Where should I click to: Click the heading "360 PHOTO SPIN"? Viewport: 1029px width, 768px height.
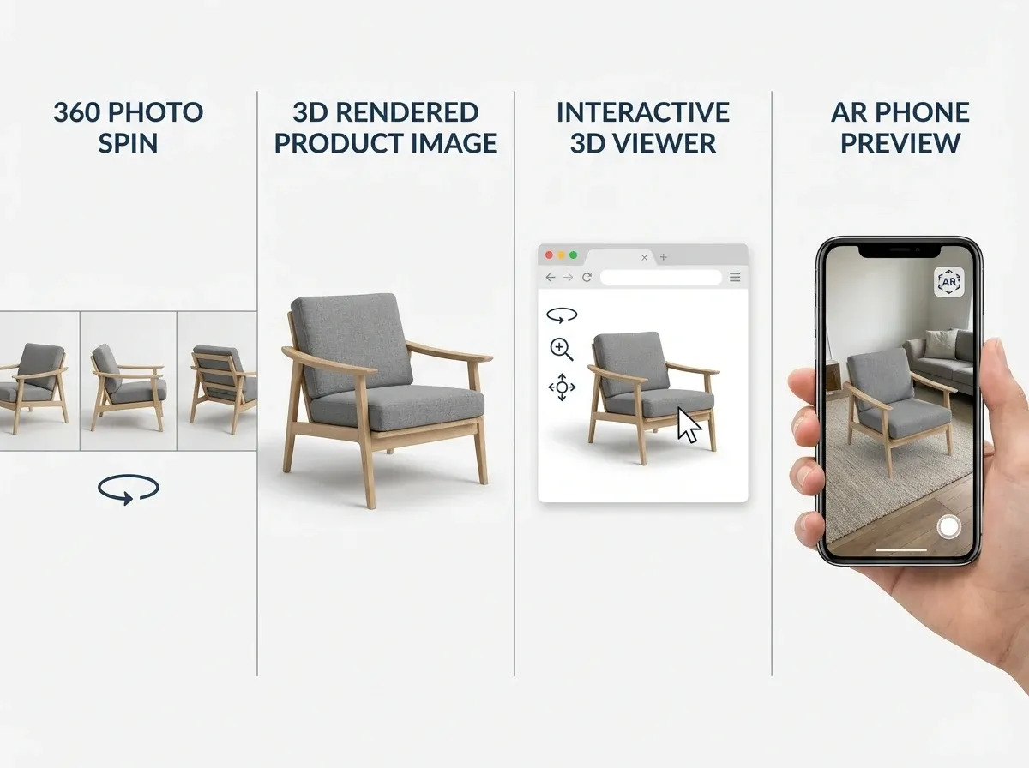(x=128, y=127)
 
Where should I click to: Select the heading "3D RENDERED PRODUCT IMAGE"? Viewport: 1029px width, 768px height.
(x=385, y=127)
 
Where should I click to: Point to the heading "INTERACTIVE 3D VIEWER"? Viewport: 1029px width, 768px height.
(x=642, y=127)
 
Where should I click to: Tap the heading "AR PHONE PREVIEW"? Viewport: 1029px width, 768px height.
(x=900, y=127)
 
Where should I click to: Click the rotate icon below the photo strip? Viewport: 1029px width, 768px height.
(x=129, y=489)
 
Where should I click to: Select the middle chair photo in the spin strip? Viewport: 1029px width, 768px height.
(x=129, y=380)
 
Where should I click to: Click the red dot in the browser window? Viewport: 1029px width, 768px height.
(x=549, y=255)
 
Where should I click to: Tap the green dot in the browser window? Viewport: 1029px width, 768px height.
(x=574, y=255)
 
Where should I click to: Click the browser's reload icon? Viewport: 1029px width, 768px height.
(x=587, y=278)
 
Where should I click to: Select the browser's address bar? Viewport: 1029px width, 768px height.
(x=660, y=278)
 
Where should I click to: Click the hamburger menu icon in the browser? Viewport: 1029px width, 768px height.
(x=735, y=278)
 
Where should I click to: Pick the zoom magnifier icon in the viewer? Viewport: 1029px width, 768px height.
(x=562, y=349)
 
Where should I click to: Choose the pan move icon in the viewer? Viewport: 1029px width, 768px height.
(x=562, y=387)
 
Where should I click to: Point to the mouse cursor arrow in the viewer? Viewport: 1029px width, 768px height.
(x=689, y=424)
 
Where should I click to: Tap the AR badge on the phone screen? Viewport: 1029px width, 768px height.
(x=948, y=281)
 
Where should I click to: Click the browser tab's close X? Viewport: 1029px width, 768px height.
(x=645, y=257)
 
